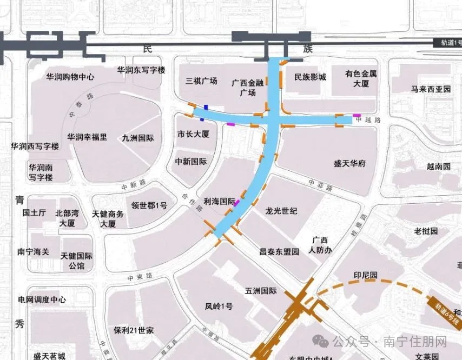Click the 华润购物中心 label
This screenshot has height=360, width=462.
pos(71,77)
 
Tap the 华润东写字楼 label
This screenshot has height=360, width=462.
pos(141,70)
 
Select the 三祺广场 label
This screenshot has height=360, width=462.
pos(201,81)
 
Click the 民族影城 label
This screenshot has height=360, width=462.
pos(310,77)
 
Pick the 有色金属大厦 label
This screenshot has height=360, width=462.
pos(361,78)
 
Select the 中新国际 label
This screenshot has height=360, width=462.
pos(191,161)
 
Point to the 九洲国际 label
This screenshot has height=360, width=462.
pos(138,138)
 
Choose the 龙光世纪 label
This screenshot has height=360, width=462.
pos(281,210)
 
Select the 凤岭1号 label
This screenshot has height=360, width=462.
pos(219,306)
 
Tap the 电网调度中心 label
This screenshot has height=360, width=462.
pos(42,299)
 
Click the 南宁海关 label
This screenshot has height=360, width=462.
pos(34,251)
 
